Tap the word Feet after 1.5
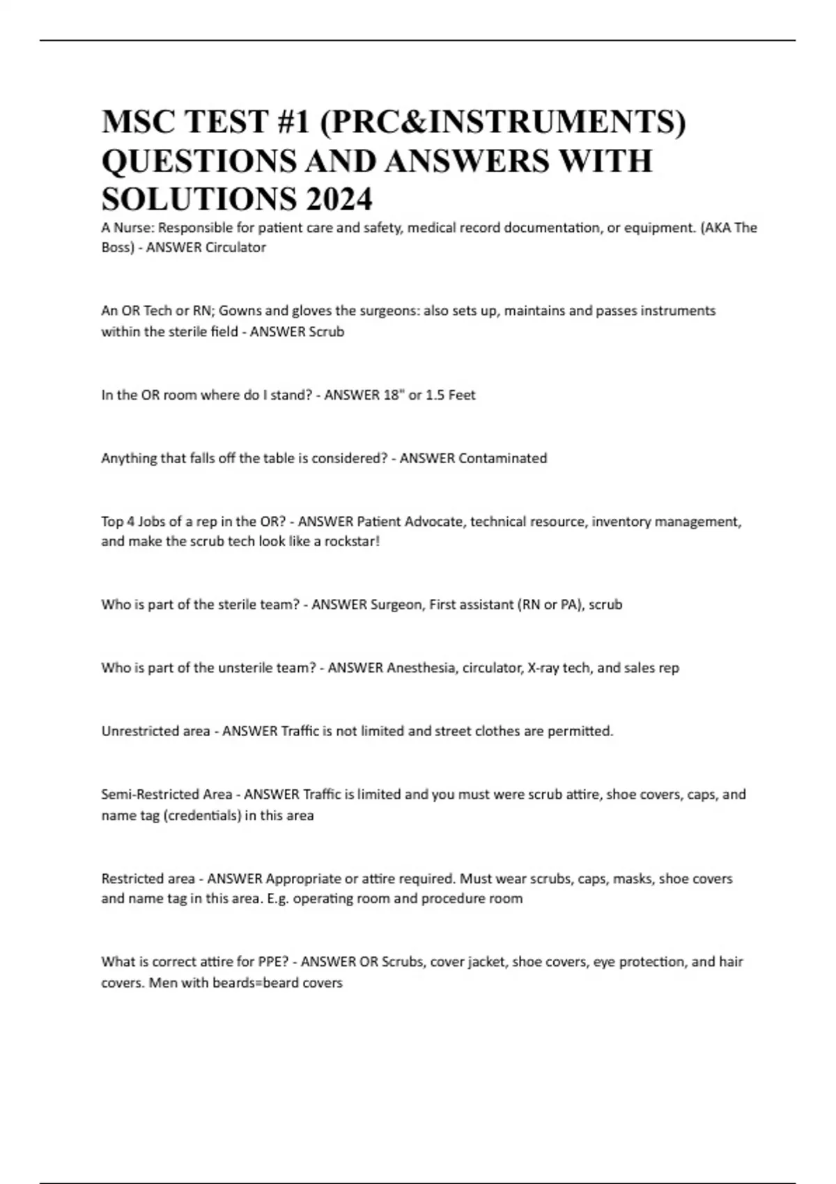pyautogui.click(x=461, y=395)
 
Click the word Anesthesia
pyautogui.click(x=422, y=668)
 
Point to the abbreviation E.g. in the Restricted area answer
pyautogui.click(x=278, y=898)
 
